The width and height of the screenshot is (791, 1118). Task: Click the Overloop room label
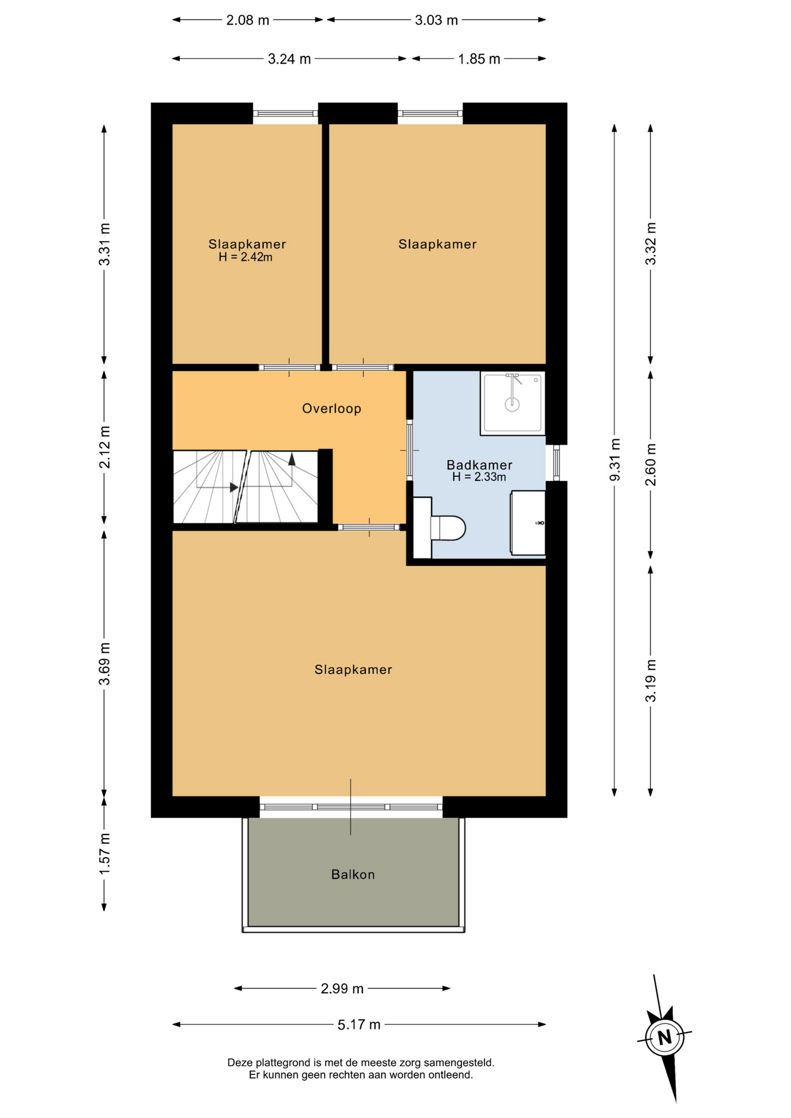331,409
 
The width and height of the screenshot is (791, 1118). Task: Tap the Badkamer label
479,465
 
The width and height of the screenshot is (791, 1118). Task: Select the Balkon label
353,874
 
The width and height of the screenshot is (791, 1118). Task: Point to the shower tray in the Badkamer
513,403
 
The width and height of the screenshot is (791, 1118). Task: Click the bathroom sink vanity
528,523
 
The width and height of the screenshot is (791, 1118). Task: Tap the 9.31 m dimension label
615,460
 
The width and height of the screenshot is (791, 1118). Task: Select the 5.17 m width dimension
359,1024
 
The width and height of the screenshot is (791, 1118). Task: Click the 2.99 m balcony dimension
342,988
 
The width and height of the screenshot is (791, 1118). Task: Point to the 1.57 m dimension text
104,853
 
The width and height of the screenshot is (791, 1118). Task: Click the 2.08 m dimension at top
248,20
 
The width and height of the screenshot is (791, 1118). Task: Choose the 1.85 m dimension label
479,59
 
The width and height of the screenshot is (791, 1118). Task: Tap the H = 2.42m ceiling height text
246,257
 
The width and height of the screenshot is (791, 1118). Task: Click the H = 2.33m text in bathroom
479,477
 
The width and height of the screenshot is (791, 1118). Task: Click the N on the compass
665,1037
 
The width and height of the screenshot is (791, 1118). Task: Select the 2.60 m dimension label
651,465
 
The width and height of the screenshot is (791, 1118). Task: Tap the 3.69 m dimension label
104,664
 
